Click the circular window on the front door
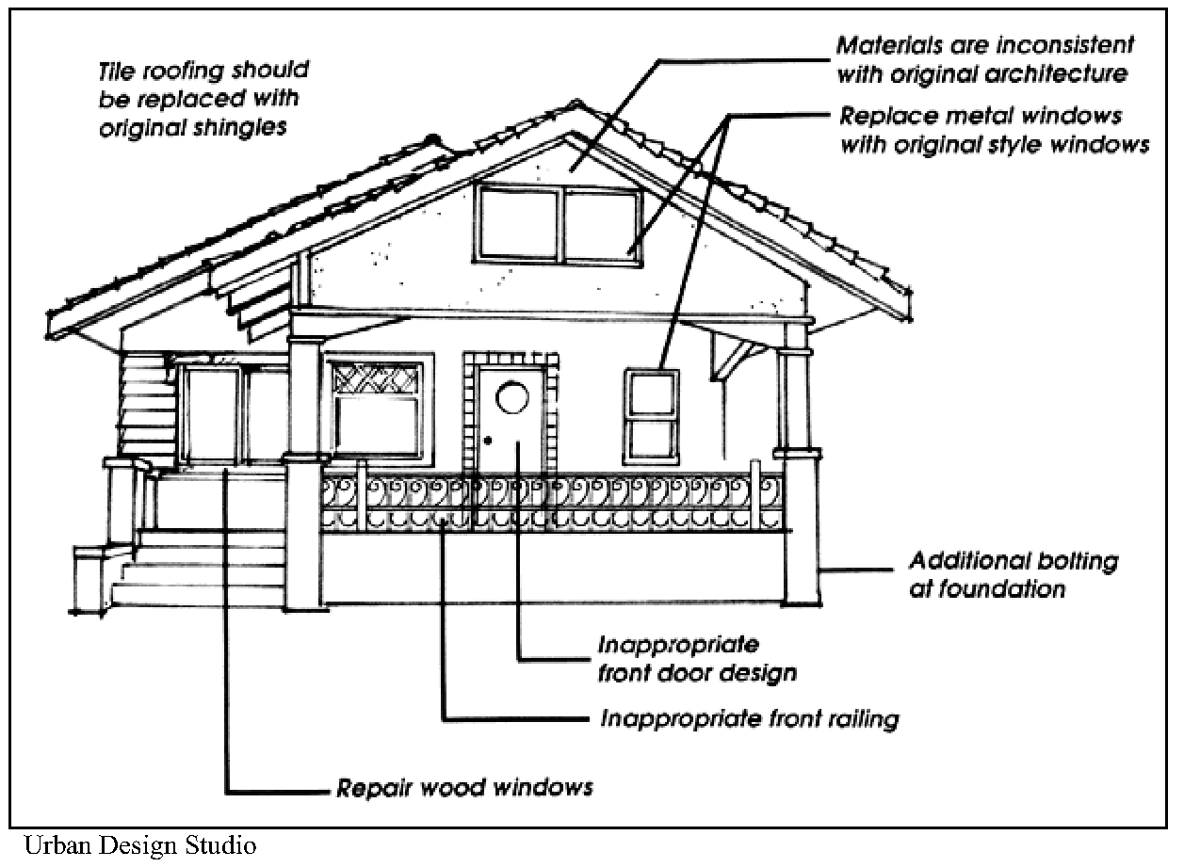pyautogui.click(x=512, y=398)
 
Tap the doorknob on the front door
pyautogui.click(x=488, y=440)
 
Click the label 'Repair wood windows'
pyautogui.click(x=465, y=787)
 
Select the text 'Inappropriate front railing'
pyautogui.click(x=750, y=720)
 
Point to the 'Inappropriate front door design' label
pyautogui.click(x=697, y=659)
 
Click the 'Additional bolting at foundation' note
pyautogui.click(x=1013, y=575)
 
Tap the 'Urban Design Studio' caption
pyautogui.click(x=139, y=845)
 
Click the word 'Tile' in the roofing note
pyautogui.click(x=118, y=72)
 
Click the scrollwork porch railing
pyautogui.click(x=551, y=503)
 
